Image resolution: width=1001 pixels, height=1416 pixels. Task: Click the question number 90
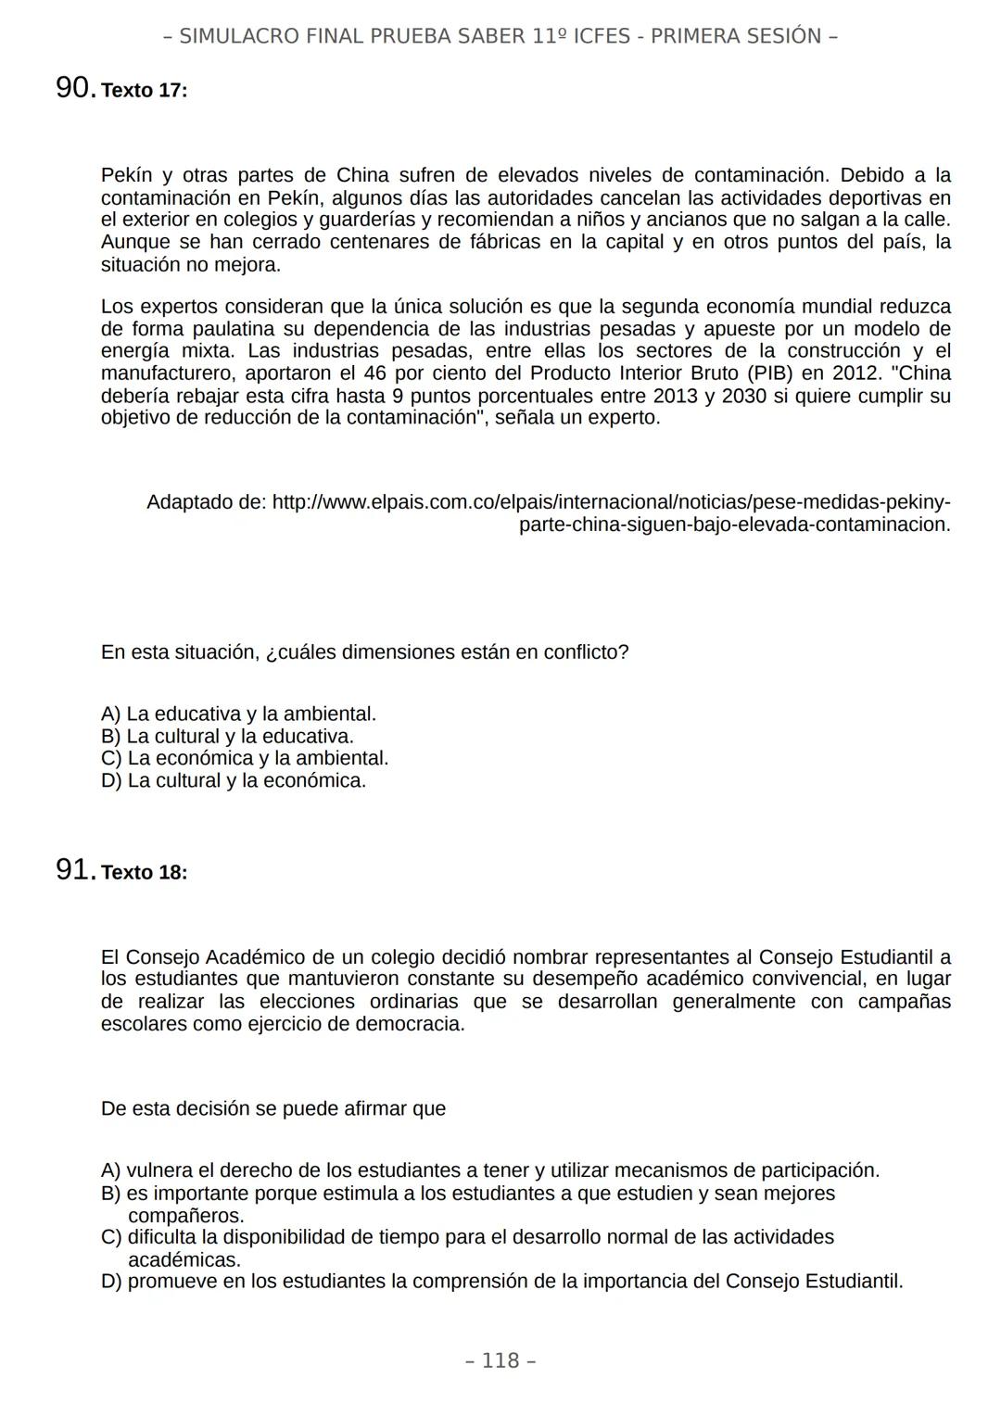[74, 88]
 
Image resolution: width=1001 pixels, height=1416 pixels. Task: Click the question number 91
[74, 869]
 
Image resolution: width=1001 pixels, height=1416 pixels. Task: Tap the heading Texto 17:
[144, 91]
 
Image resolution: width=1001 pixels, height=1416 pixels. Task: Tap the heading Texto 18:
[144, 873]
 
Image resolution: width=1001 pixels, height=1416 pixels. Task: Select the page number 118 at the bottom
[500, 1360]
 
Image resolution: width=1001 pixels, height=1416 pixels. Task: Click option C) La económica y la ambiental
[245, 758]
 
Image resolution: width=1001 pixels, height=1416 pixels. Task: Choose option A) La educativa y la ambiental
[238, 714]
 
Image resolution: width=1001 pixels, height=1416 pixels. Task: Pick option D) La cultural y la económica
[234, 780]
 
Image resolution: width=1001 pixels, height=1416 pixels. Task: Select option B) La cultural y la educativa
[227, 736]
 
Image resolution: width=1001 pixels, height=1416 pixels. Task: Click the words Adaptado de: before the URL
[206, 502]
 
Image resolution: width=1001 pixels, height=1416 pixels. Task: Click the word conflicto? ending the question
[582, 652]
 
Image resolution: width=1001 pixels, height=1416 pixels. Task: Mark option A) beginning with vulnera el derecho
[489, 1170]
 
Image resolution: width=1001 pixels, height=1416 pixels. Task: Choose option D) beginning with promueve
[501, 1282]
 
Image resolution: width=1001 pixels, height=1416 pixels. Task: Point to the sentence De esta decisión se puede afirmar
[273, 1108]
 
